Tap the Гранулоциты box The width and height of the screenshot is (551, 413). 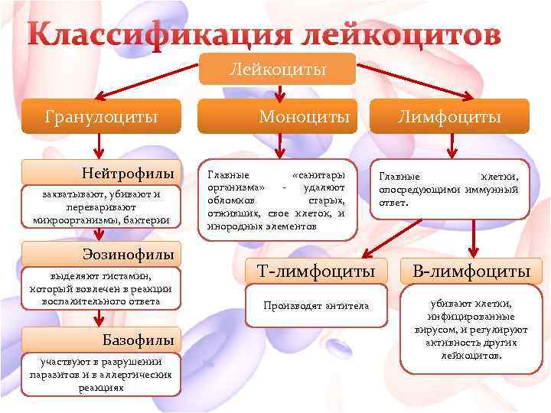101,117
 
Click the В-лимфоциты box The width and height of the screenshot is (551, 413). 471,272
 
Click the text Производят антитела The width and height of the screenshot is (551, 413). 316,306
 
